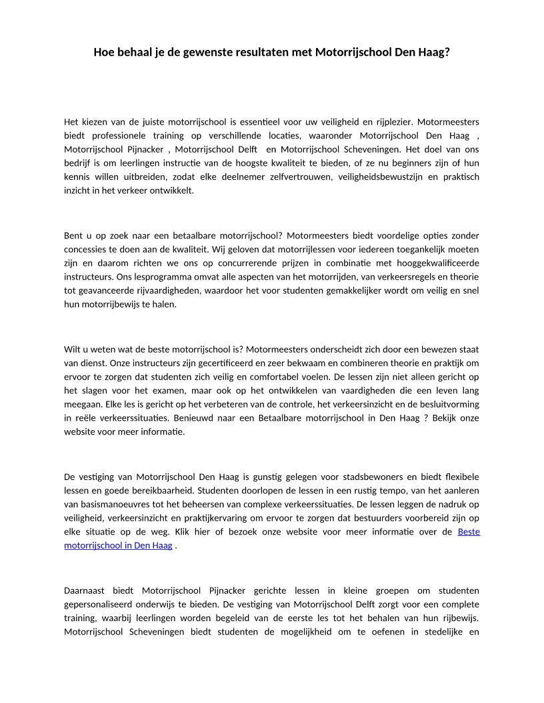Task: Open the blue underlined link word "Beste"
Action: (469, 531)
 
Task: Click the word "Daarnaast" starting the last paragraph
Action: (84, 590)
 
